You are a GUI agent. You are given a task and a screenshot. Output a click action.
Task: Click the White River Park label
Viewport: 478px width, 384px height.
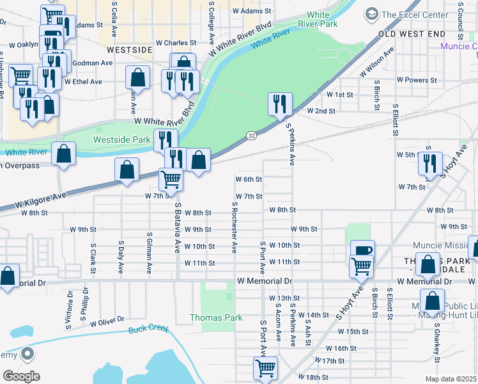(x=321, y=19)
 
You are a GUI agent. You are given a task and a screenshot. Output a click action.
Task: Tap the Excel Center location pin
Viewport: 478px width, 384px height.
(x=371, y=14)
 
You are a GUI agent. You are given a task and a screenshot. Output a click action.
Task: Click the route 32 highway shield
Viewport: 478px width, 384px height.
(x=252, y=136)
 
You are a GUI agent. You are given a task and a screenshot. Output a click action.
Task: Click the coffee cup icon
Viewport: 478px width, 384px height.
(x=362, y=251)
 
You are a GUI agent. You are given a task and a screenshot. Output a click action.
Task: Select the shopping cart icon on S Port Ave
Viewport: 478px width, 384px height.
(x=265, y=368)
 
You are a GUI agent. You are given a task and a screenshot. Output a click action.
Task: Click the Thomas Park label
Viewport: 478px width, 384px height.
(x=216, y=317)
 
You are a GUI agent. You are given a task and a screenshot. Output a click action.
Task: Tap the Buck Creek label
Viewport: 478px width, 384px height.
(x=148, y=329)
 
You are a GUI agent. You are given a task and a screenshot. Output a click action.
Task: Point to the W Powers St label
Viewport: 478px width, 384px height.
(x=416, y=80)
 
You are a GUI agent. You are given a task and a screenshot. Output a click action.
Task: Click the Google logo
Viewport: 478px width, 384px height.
(x=21, y=376)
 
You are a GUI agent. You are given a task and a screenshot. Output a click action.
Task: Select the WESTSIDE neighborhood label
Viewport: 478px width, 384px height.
(x=130, y=49)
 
